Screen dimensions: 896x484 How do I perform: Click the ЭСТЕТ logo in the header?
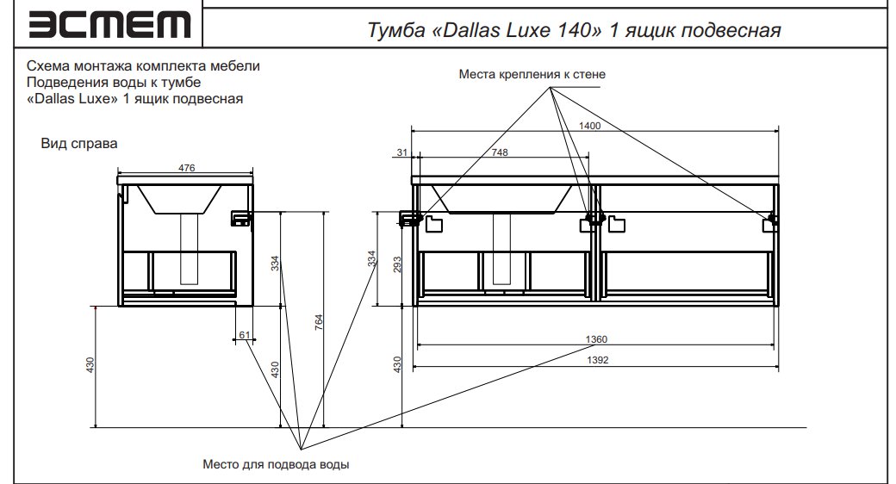tap(109, 25)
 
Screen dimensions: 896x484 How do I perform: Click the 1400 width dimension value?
tap(589, 126)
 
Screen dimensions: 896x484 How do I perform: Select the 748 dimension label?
tap(500, 152)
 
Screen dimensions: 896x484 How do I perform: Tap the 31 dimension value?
tap(402, 152)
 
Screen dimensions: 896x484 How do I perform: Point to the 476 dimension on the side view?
tap(186, 168)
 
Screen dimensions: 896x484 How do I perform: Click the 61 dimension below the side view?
tap(245, 335)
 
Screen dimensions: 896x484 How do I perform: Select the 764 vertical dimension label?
tap(319, 322)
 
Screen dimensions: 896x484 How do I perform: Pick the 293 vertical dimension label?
tap(397, 264)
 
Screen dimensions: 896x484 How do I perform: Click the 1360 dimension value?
tap(596, 339)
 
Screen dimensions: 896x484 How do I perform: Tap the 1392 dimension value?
tap(598, 360)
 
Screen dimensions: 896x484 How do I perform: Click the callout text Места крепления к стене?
tap(532, 74)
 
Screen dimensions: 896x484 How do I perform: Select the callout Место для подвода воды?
tap(276, 464)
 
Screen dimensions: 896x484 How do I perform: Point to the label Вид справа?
tap(79, 144)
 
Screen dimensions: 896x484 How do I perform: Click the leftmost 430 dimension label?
tap(90, 366)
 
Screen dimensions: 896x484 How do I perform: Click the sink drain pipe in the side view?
tap(190, 249)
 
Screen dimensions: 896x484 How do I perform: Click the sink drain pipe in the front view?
tap(501, 249)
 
